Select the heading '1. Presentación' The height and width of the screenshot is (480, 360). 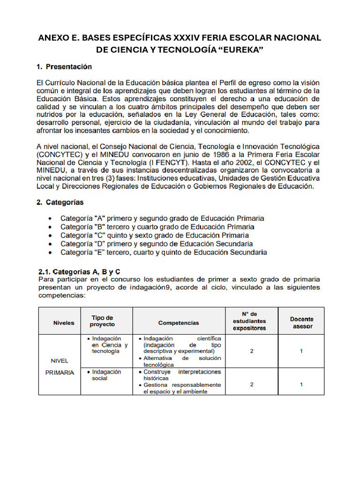[x=64, y=67]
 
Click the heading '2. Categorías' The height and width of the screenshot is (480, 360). [x=60, y=202]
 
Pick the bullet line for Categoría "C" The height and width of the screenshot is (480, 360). [x=155, y=235]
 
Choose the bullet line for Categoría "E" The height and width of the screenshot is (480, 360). [x=164, y=252]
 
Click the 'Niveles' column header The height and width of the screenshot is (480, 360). [x=64, y=323]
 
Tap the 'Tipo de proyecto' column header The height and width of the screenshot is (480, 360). [x=102, y=321]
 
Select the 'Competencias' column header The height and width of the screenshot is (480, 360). [x=179, y=323]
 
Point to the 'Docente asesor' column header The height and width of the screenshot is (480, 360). [x=301, y=322]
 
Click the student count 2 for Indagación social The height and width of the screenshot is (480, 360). [x=252, y=384]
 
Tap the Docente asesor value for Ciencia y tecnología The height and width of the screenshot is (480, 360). [x=301, y=351]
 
